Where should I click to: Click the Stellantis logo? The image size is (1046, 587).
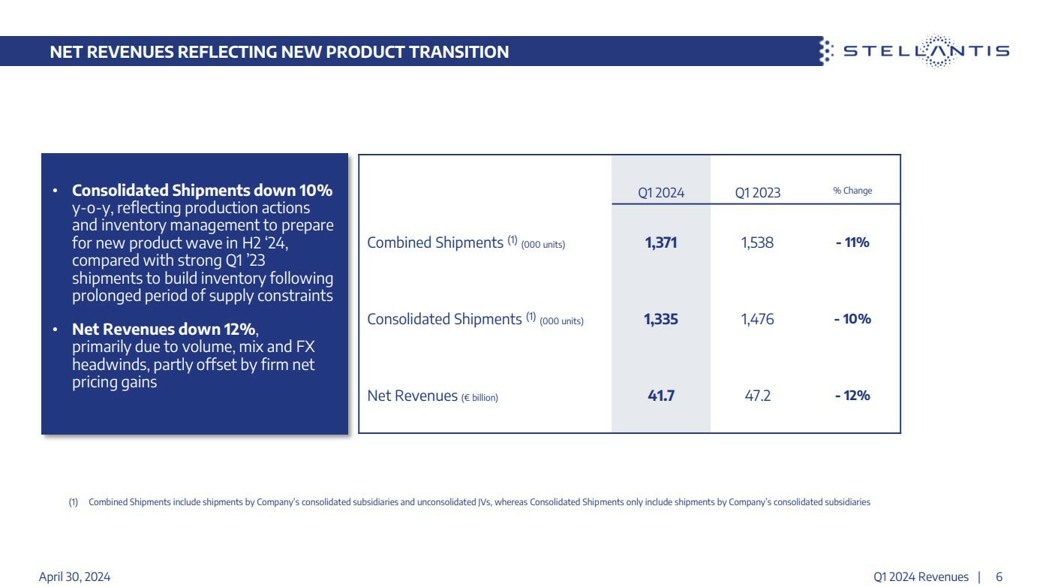tap(915, 51)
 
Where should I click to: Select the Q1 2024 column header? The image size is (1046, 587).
tap(661, 192)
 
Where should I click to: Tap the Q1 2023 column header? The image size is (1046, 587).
tap(757, 192)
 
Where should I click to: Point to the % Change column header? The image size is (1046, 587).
tap(852, 191)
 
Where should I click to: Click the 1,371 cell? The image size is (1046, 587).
tap(660, 242)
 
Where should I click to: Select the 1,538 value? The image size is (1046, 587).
tap(757, 242)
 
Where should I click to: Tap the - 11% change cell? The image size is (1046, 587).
tap(852, 242)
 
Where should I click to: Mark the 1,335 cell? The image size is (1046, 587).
tap(660, 319)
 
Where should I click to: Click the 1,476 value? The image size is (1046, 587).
tap(757, 319)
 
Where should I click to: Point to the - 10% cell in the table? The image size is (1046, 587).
tap(852, 319)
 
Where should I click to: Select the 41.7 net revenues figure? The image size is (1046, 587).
tap(661, 396)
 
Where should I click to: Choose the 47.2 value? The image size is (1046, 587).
tap(757, 396)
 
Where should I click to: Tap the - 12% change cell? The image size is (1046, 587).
tap(852, 396)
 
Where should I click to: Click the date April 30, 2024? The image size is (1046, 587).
tap(74, 576)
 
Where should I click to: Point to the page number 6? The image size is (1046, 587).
tap(999, 576)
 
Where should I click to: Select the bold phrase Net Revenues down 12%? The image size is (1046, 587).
tap(164, 330)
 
